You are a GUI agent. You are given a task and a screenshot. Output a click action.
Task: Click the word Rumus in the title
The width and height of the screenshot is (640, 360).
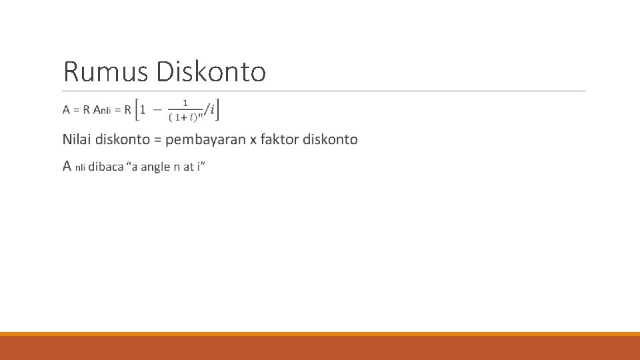tap(106, 71)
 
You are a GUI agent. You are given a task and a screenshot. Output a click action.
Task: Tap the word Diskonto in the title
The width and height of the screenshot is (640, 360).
tap(211, 71)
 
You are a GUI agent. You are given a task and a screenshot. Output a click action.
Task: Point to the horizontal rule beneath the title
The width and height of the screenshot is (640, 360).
tap(325, 91)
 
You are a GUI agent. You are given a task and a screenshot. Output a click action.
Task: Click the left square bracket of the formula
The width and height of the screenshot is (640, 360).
tap(137, 109)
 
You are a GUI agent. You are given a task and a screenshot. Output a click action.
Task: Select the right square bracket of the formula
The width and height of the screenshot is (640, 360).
tap(219, 109)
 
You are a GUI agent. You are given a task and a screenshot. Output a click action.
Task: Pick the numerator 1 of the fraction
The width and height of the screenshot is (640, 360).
tap(185, 103)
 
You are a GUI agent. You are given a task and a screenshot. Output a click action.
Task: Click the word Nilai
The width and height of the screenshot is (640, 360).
tap(77, 139)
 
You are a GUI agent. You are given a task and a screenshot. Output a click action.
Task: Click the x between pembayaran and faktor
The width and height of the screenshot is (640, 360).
tap(253, 140)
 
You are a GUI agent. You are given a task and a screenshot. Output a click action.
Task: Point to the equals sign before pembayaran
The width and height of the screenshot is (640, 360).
tap(157, 140)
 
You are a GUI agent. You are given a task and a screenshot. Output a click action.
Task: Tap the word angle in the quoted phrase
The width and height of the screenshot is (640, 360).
tap(156, 167)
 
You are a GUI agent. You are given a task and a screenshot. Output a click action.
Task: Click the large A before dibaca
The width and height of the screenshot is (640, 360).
tap(67, 165)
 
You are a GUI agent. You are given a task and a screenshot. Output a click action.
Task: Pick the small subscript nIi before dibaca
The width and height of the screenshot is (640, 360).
tap(80, 168)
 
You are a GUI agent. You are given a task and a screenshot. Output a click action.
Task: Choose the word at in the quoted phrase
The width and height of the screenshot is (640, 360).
tap(190, 167)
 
